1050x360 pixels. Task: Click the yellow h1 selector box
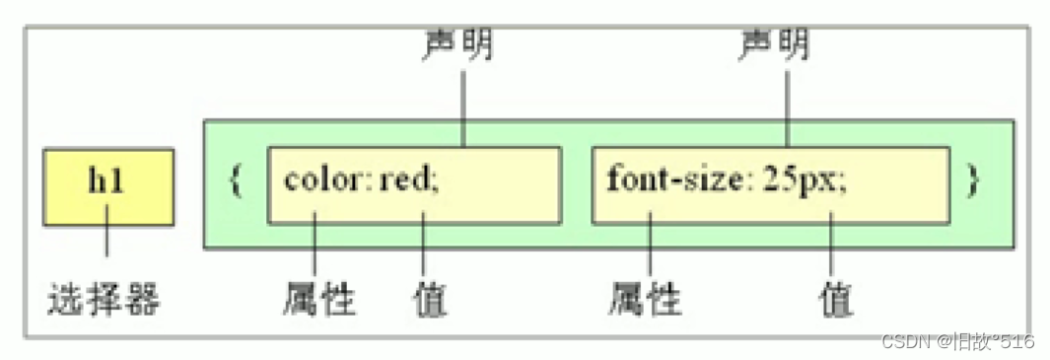(x=108, y=185)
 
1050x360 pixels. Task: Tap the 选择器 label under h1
(x=103, y=299)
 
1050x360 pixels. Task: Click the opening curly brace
(x=236, y=182)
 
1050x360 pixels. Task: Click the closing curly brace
(x=973, y=182)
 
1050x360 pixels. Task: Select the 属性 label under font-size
(x=646, y=299)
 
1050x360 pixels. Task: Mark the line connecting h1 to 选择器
(x=106, y=243)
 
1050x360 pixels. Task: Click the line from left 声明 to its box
(x=462, y=104)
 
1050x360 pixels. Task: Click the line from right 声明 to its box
(x=786, y=104)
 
